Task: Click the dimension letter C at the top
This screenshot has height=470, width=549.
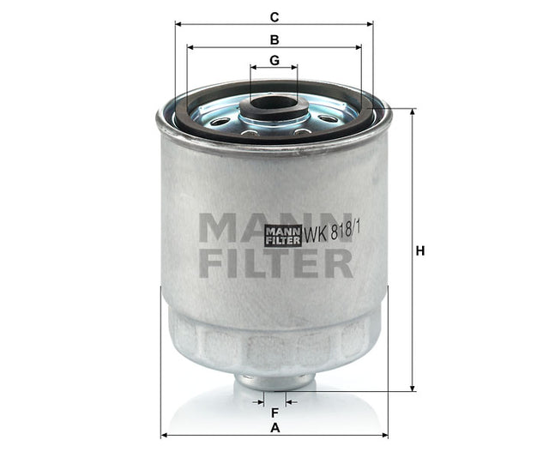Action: tap(274, 16)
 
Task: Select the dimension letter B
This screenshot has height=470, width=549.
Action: tap(274, 39)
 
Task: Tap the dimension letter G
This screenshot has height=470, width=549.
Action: tap(274, 60)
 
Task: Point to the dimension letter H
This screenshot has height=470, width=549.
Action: tap(420, 251)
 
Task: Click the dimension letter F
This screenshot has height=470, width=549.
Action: tap(274, 412)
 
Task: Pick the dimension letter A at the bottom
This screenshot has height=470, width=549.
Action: tap(274, 426)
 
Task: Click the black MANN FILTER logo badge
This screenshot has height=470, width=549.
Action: tap(283, 235)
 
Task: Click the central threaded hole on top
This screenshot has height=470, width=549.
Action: tap(274, 105)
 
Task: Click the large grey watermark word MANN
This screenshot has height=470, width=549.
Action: tap(274, 227)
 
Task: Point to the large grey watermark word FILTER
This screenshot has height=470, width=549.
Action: tap(274, 262)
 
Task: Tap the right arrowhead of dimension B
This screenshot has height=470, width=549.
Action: tap(359, 47)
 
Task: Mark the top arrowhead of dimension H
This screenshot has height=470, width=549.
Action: tap(413, 111)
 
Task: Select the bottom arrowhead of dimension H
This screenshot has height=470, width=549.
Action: tap(413, 389)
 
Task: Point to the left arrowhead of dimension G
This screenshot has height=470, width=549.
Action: tap(253, 67)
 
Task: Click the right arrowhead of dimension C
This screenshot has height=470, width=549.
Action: tap(371, 24)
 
